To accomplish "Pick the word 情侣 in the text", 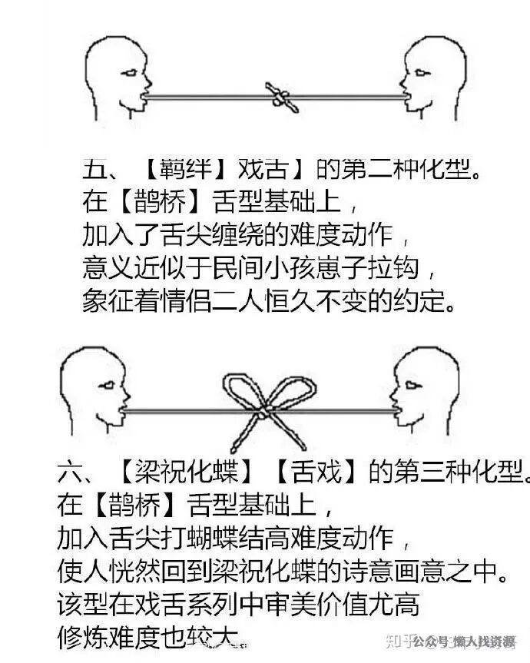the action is (204, 300).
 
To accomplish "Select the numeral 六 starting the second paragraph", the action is (71, 471).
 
